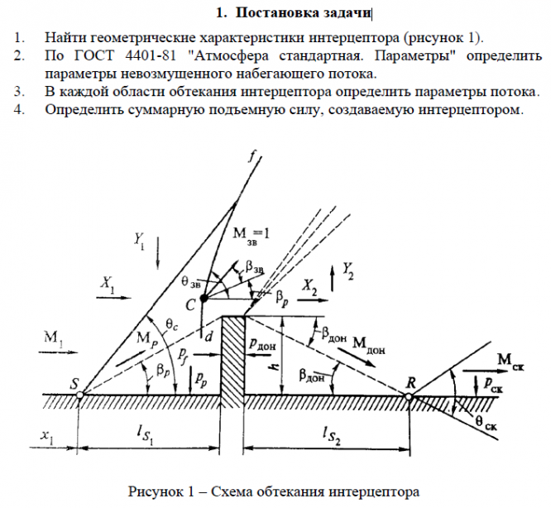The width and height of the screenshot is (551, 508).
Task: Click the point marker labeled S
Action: click(x=79, y=395)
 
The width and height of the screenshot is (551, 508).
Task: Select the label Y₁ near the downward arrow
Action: click(x=139, y=241)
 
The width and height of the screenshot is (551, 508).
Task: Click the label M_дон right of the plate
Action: click(x=370, y=343)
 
